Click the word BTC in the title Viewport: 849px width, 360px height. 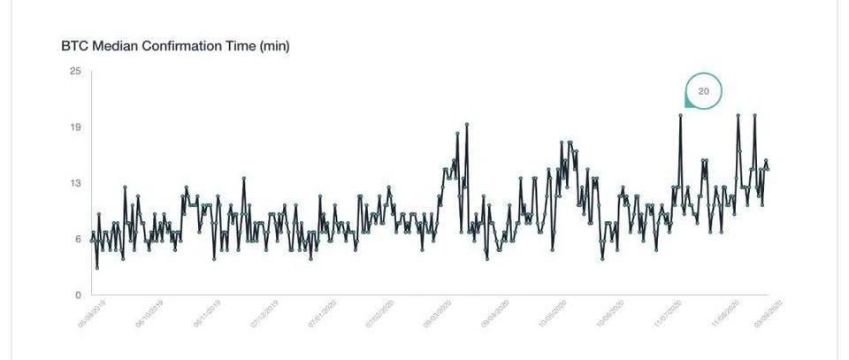point(74,46)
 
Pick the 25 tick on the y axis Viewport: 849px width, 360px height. point(75,71)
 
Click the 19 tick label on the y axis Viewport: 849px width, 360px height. point(75,126)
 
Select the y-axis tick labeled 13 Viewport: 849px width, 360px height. point(75,183)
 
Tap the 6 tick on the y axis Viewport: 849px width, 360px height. point(78,239)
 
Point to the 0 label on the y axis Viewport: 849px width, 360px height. point(78,295)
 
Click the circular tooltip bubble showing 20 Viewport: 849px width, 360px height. point(704,91)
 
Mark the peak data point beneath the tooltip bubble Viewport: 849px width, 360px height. point(681,115)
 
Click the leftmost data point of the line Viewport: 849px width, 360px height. point(92,239)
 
